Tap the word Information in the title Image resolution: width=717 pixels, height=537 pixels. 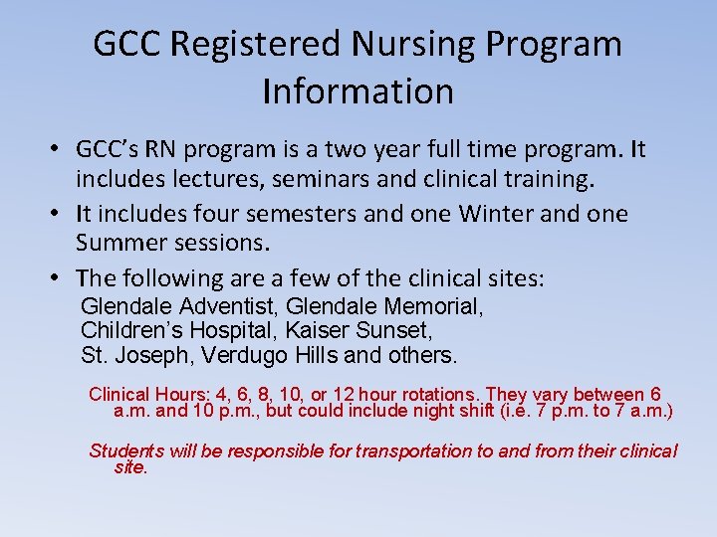pos(358,91)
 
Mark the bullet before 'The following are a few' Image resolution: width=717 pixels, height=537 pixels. pos(61,279)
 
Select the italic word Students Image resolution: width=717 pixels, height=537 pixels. pos(126,450)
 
